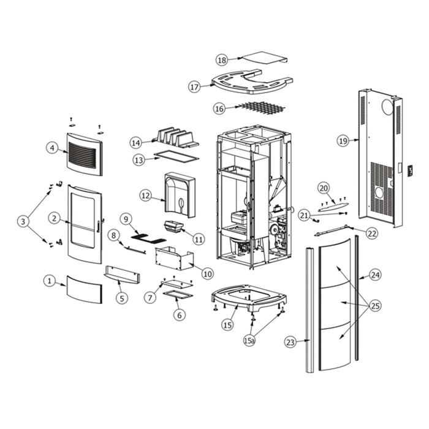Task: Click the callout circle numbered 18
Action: (222, 59)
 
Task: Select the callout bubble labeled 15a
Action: (249, 340)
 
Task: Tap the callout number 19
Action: (343, 141)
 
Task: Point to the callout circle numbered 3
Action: (24, 221)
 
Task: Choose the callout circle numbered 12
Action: (145, 196)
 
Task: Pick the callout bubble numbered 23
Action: (290, 341)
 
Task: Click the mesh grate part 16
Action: (262, 107)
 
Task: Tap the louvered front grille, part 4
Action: (83, 152)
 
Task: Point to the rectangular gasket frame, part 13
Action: (175, 156)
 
